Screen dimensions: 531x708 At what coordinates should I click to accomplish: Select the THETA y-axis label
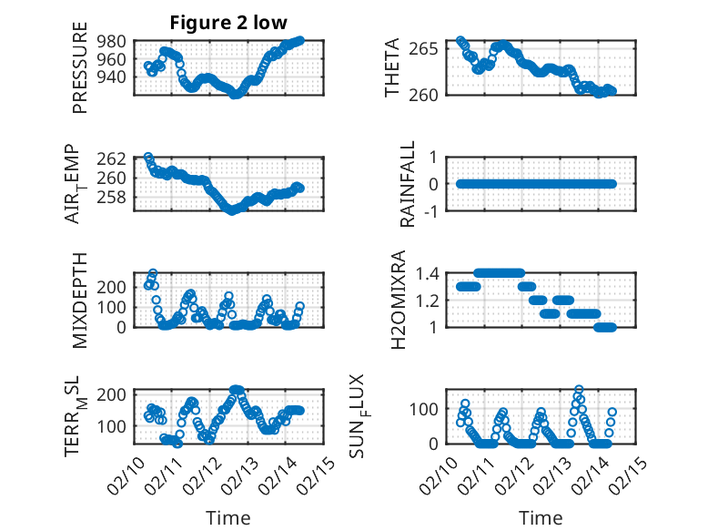(392, 68)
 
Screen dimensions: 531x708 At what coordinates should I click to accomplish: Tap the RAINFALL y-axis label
(409, 184)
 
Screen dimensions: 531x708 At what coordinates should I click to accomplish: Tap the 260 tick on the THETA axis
(430, 94)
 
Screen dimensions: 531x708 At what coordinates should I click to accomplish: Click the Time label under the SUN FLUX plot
(541, 517)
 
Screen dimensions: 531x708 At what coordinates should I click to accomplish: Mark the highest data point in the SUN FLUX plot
(579, 390)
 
